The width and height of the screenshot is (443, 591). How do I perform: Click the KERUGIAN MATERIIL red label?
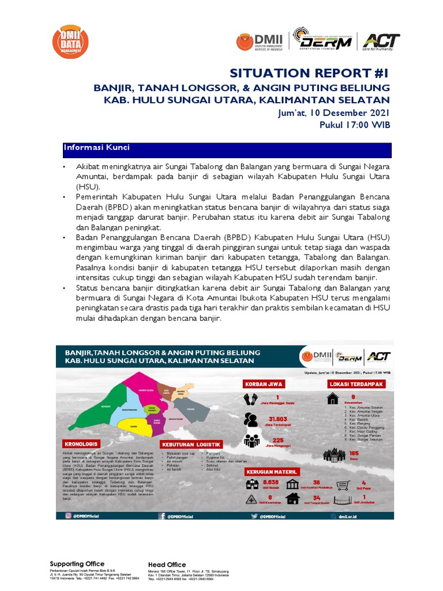tap(269, 470)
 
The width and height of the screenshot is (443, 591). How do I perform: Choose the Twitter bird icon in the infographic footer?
tap(247, 516)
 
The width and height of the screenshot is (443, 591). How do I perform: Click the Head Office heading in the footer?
tap(167, 564)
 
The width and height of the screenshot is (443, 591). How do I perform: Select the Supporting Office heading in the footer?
tap(77, 564)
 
